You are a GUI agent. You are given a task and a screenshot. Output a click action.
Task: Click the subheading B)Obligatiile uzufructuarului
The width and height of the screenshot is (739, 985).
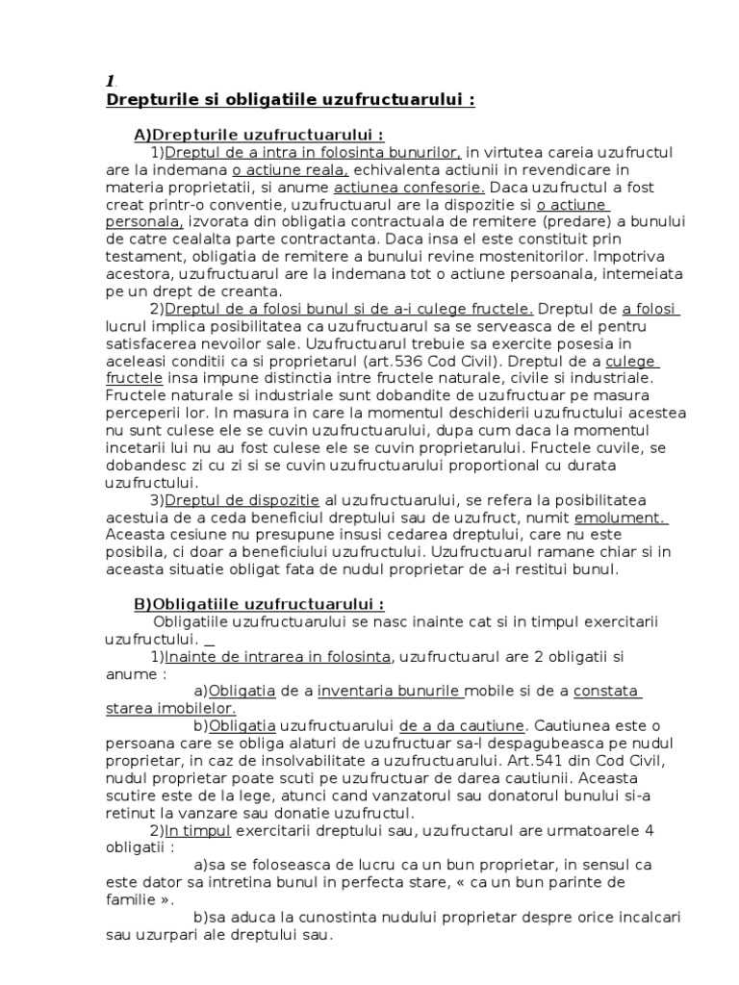(258, 604)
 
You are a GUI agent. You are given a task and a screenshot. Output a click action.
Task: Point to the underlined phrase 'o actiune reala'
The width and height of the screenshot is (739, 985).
(278, 170)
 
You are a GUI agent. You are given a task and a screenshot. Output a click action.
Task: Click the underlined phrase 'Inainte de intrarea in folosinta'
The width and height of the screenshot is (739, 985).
(278, 656)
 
